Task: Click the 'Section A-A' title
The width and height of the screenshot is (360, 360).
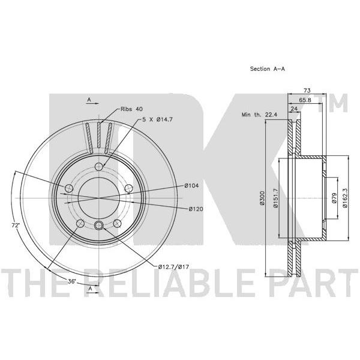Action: pos(267,68)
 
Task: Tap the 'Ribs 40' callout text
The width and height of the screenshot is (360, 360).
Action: pos(131,109)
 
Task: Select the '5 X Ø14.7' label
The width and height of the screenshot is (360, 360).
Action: pos(157,119)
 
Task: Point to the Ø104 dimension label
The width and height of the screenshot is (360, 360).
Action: pos(191,185)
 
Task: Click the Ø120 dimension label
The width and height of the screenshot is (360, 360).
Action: pos(196,209)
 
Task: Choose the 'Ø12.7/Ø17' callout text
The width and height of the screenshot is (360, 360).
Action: pos(173,267)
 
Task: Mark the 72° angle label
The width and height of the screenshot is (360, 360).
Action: pos(16,226)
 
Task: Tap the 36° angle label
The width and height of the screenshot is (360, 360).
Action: pos(71,281)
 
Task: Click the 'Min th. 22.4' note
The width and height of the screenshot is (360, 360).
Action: pos(259,115)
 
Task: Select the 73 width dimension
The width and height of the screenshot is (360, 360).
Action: pos(307,90)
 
